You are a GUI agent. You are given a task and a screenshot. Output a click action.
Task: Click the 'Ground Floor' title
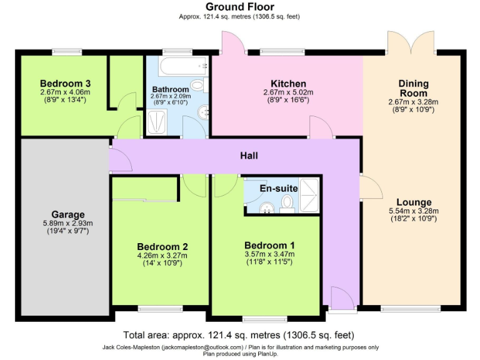tap(239, 7)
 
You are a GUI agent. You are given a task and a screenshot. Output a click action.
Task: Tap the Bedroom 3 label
tap(66, 83)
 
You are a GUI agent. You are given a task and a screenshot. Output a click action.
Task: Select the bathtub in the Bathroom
tap(177, 66)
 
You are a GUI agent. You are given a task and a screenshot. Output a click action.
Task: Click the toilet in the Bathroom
tap(198, 85)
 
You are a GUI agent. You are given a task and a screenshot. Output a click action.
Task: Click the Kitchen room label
tap(288, 84)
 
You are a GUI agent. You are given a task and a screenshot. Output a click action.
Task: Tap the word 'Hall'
tap(249, 156)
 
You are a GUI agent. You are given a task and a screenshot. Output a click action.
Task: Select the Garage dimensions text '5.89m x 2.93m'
tap(67, 223)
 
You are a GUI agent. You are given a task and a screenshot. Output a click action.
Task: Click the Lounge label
tap(413, 202)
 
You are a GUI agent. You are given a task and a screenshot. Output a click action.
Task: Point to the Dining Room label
tap(413, 88)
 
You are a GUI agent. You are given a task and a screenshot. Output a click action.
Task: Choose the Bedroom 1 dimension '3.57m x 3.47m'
tap(269, 254)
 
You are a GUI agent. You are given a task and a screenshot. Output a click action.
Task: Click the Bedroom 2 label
tap(162, 246)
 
